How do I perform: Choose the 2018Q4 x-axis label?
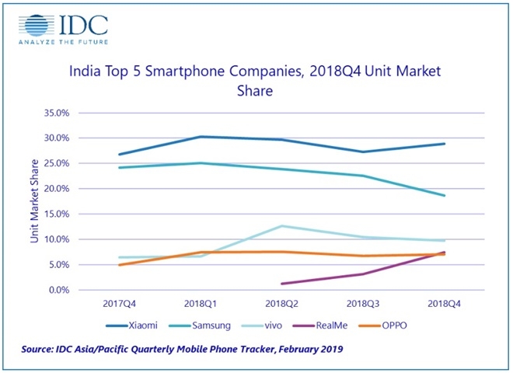coord(444,303)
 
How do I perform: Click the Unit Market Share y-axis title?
coord(35,201)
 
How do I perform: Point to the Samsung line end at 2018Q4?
coord(444,196)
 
